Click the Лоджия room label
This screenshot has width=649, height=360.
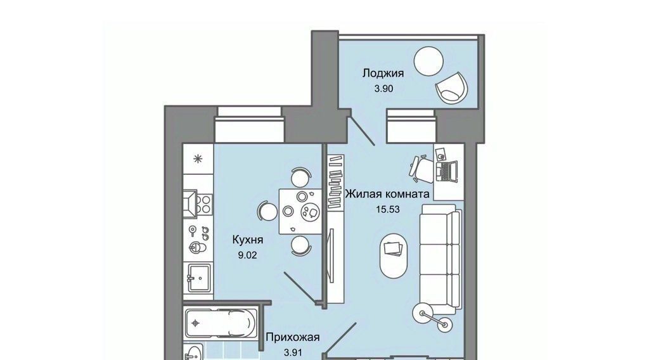click(383, 74)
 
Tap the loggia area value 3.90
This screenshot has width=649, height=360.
click(383, 89)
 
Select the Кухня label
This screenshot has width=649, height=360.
click(248, 240)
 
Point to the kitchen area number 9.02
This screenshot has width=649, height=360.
click(247, 255)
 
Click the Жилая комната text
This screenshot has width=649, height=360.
click(387, 194)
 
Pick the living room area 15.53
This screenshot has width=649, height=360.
click(387, 209)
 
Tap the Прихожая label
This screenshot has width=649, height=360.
click(293, 337)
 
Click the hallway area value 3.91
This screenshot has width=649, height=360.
click(293, 353)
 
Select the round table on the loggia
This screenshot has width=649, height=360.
click(429, 61)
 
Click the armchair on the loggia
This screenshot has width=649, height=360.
click(451, 87)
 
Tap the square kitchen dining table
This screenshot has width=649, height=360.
click(300, 211)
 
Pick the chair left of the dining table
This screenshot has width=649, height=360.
click(267, 212)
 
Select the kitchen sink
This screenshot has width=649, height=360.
click(198, 278)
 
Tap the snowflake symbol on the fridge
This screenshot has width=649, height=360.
click(198, 158)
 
